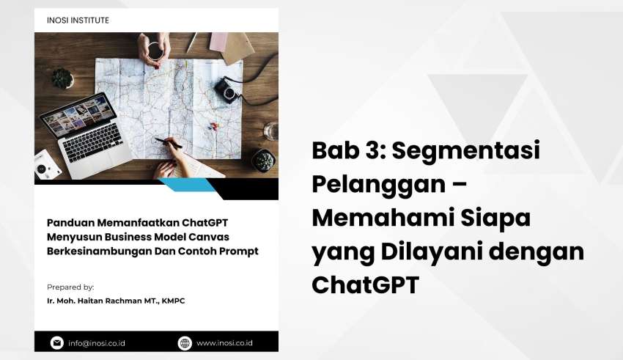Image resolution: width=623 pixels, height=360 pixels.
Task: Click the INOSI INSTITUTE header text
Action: (78, 21)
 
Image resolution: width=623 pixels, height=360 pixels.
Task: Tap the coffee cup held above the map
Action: (155, 51)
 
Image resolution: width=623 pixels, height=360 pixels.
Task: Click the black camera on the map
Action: (228, 90)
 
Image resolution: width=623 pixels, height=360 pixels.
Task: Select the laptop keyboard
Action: (92, 142)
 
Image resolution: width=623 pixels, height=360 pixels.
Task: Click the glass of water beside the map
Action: (271, 131)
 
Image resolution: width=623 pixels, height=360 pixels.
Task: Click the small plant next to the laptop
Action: (63, 78)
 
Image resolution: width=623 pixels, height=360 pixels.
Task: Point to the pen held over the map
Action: (168, 143)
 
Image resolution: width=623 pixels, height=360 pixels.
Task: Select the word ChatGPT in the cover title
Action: (204, 223)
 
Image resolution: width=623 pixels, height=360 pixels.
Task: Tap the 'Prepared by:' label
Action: (70, 287)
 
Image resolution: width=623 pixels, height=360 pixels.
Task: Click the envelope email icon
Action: (57, 342)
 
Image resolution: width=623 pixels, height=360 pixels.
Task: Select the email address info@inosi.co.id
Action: (97, 343)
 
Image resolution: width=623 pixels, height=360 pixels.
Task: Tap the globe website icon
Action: (185, 343)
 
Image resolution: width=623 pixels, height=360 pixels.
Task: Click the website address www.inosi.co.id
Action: (224, 343)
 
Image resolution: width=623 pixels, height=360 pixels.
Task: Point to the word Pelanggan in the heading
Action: (379, 184)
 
